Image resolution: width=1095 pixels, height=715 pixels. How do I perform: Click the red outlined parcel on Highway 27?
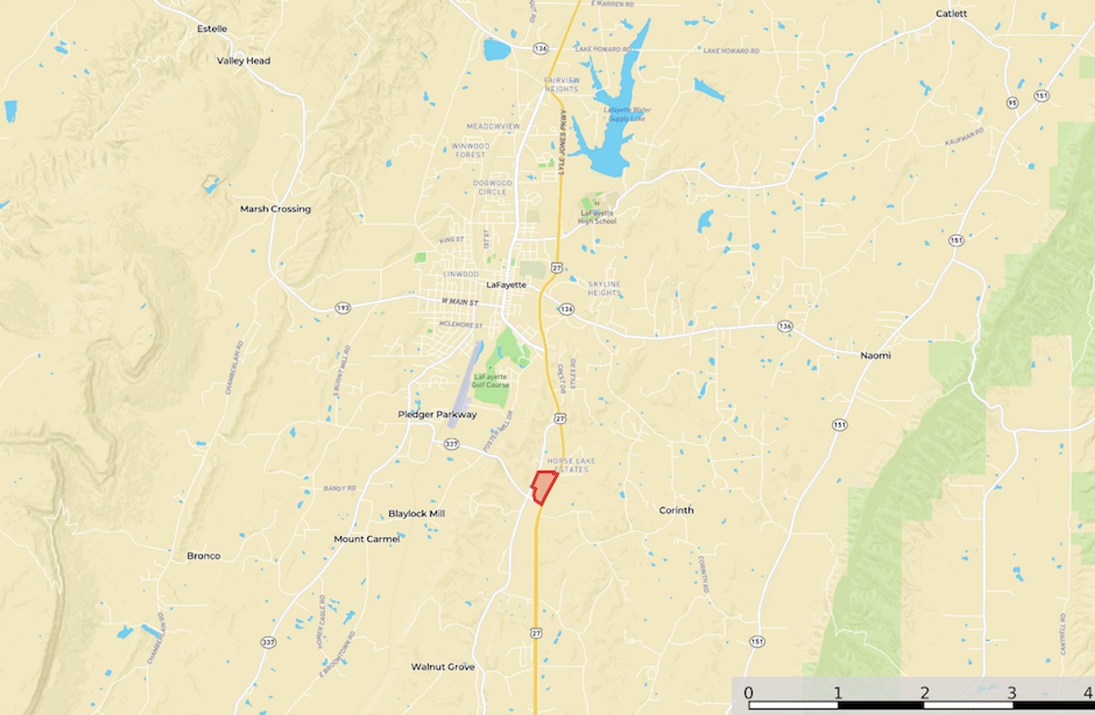pos(543,486)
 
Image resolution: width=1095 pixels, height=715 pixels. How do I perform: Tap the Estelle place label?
pos(212,29)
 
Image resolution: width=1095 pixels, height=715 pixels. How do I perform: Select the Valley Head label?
pos(244,61)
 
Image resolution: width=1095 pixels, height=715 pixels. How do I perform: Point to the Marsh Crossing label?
pos(275,209)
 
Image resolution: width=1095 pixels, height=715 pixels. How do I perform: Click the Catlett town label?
pos(951,14)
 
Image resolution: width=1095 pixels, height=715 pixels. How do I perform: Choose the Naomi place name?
pos(875,356)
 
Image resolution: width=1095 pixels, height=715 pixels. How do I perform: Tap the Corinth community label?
pos(676,510)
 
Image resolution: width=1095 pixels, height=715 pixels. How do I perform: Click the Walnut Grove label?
pos(443,667)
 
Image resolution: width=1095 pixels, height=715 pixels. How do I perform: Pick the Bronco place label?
pos(204,556)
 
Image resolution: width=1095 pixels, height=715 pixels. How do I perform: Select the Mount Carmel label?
pos(367,539)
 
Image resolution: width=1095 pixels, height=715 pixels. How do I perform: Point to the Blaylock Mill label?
pos(417,513)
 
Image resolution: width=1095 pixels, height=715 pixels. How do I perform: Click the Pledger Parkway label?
pos(437,415)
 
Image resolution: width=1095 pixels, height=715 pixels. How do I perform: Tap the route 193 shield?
pos(343,307)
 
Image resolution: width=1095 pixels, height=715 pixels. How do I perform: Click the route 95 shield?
pos(1012,103)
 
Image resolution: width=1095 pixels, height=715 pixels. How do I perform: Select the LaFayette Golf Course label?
pos(491,381)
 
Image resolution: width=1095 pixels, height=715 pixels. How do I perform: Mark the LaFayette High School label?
pos(597,217)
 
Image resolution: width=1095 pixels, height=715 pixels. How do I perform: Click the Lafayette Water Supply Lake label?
pos(627,114)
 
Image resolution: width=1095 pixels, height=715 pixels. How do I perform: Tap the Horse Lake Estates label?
pos(571,465)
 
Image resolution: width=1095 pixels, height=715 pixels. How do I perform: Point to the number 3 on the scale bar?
pos(1012,693)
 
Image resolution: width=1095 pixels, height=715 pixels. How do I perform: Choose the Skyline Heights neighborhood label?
pos(604,288)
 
